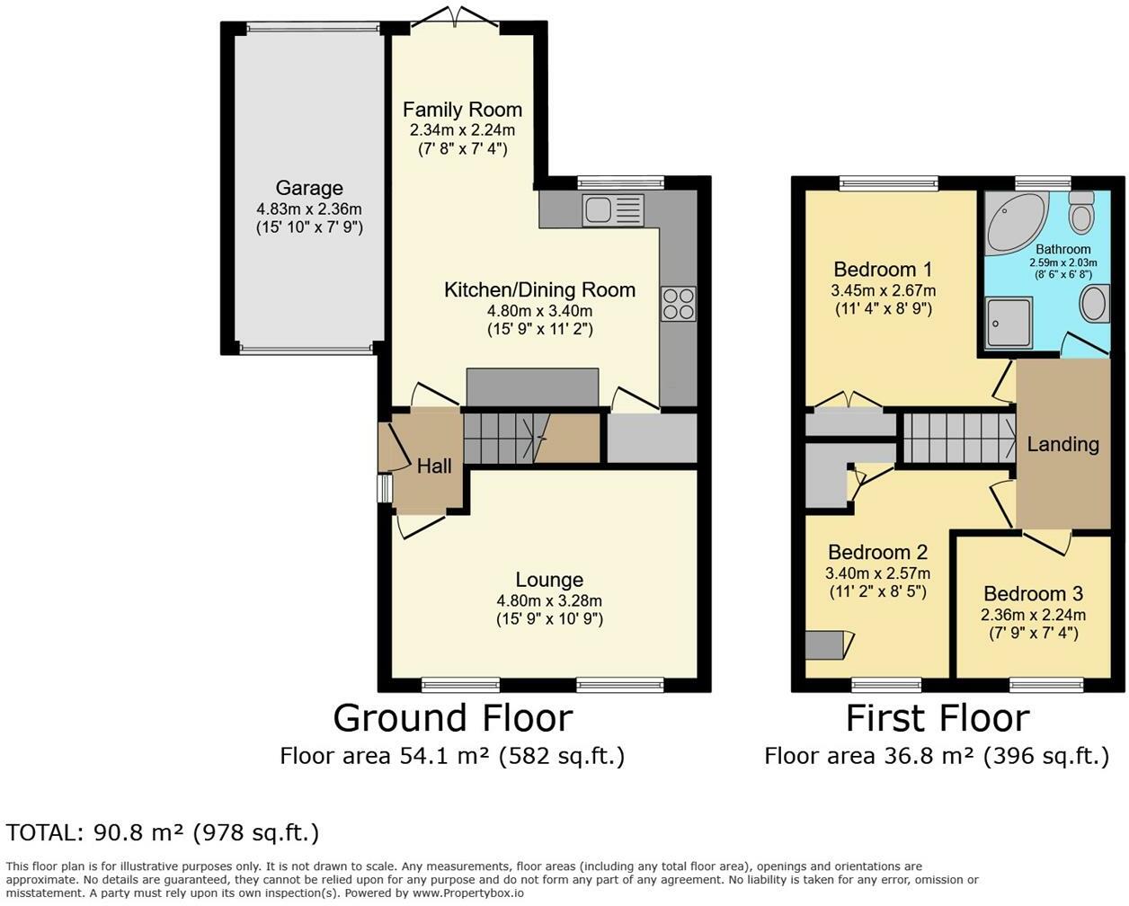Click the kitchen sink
(613, 210)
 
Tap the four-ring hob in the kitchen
(679, 304)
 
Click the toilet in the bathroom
(1081, 212)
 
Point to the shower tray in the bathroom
(1009, 323)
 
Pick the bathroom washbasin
(1094, 304)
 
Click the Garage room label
(309, 188)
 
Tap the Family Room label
(462, 110)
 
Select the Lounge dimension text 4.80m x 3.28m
(549, 600)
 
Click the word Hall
(434, 466)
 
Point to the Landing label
(1062, 444)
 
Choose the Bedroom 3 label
(1033, 593)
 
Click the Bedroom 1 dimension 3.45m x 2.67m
(884, 290)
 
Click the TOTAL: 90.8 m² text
(94, 832)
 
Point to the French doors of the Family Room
(454, 17)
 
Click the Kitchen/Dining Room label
(540, 289)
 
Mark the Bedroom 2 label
(877, 552)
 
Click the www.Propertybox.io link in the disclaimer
(468, 893)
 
